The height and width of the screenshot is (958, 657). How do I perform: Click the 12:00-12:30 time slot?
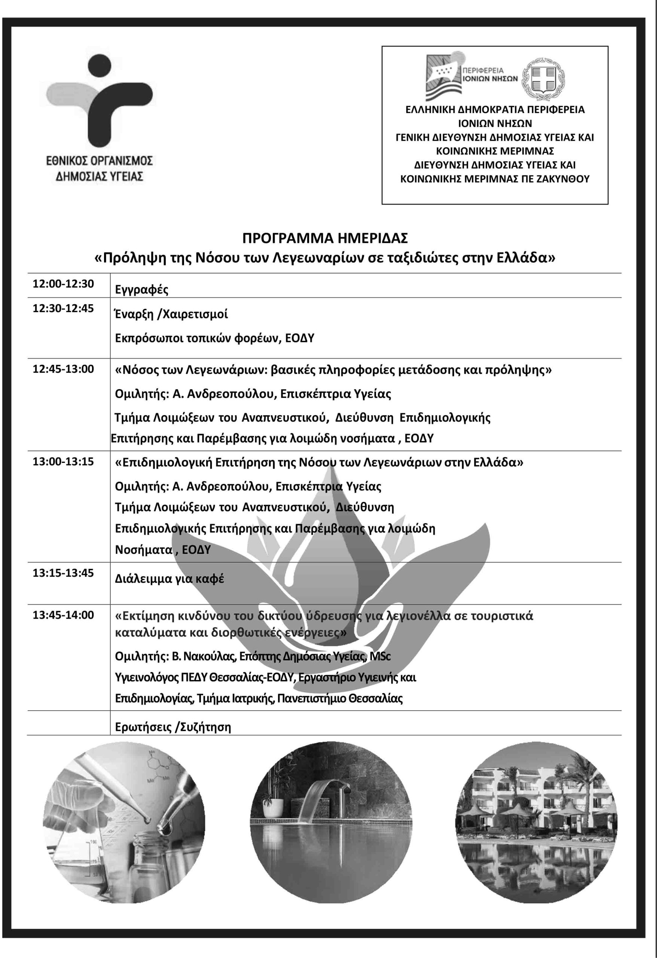[x=64, y=284]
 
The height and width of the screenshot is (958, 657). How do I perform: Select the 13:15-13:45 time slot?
[x=64, y=573]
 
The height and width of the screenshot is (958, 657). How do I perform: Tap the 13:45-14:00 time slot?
[x=64, y=615]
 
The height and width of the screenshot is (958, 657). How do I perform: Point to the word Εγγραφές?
[x=142, y=290]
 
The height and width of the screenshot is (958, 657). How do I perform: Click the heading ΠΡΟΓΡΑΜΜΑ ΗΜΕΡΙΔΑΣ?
[x=325, y=238]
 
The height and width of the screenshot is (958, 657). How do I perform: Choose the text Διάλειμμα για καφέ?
[x=169, y=579]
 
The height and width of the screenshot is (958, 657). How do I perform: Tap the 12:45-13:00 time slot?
[x=64, y=369]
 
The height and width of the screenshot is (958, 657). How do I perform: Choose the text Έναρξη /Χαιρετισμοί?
[x=171, y=314]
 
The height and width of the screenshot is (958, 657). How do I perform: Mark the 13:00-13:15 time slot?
[x=64, y=461]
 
